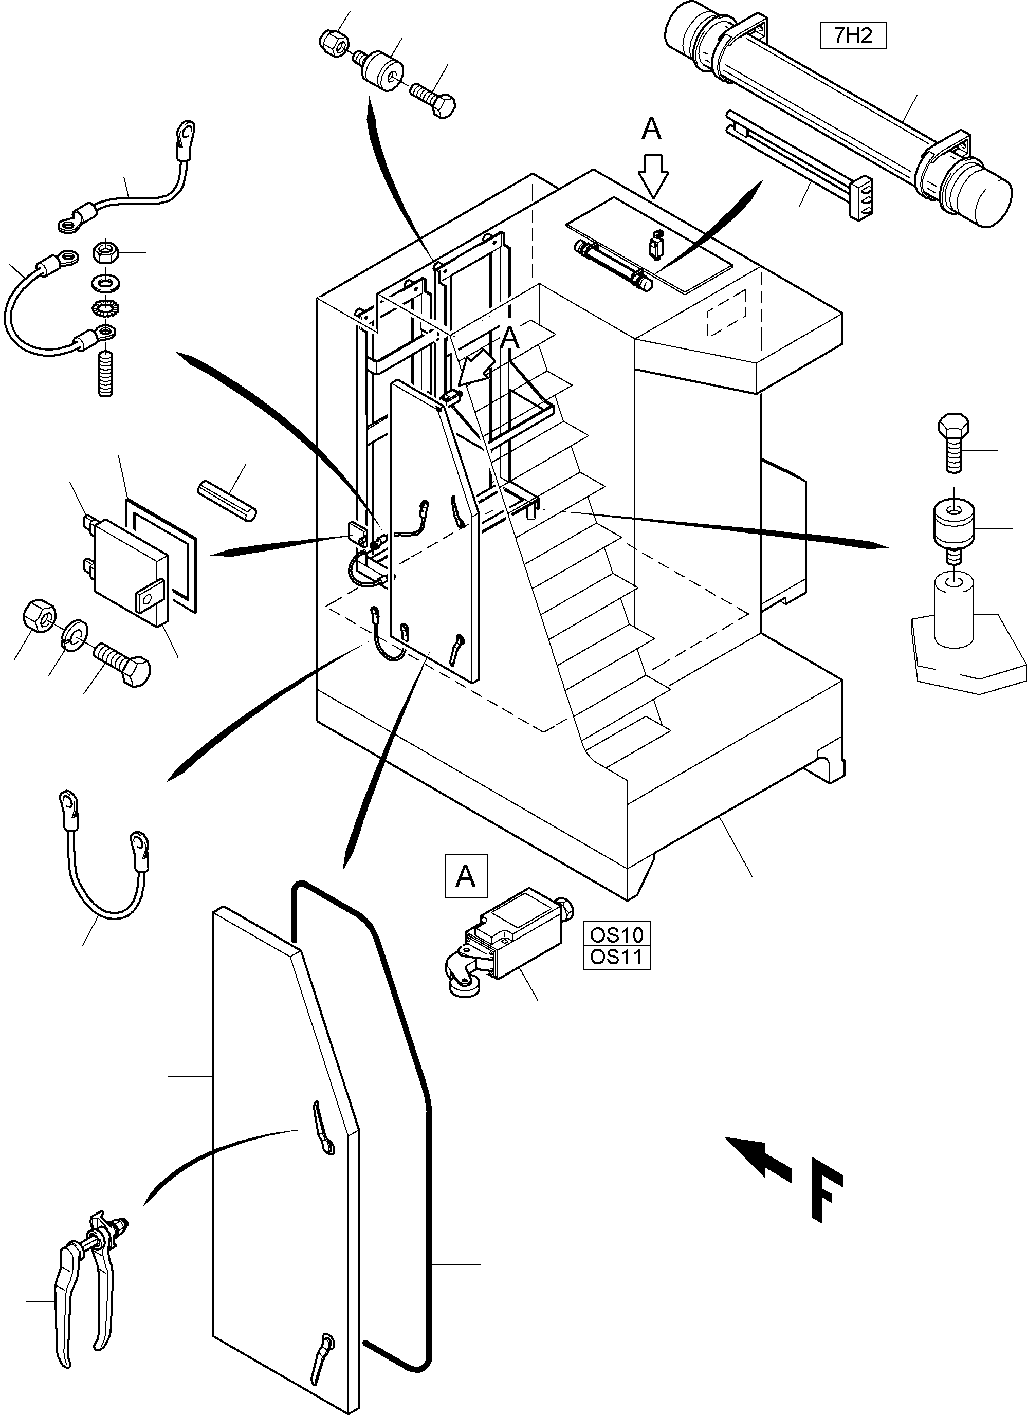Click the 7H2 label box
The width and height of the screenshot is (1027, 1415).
(x=853, y=35)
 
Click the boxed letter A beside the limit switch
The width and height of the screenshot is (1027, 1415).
(x=466, y=876)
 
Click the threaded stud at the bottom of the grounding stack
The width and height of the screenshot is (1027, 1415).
(x=106, y=374)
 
